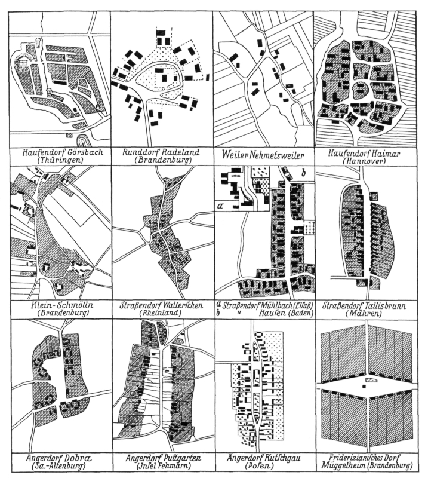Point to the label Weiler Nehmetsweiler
pos(263,155)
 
